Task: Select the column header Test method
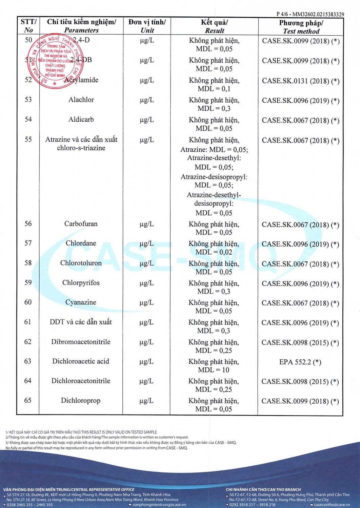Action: (x=301, y=31)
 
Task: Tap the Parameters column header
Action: (x=81, y=30)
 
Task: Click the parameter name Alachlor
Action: (x=81, y=100)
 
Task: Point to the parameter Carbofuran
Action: (x=81, y=224)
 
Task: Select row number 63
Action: (x=28, y=361)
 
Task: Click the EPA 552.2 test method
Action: (x=300, y=362)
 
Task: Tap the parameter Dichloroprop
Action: (x=81, y=400)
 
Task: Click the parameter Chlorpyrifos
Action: (x=81, y=282)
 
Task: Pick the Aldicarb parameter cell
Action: (x=81, y=119)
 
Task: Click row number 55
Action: (x=28, y=139)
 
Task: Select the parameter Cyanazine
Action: (x=81, y=302)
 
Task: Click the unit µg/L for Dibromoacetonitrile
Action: (x=146, y=342)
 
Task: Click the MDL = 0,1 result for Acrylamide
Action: (x=214, y=89)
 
